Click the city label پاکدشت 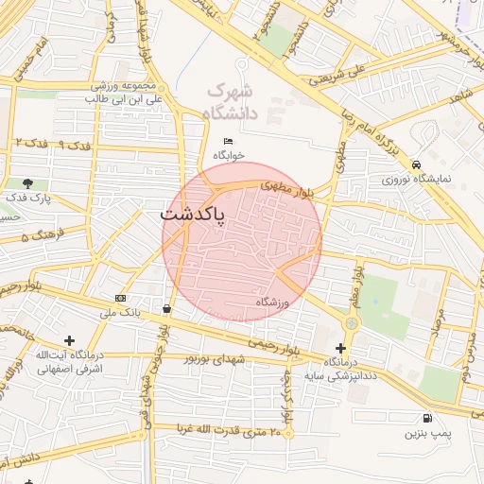point(193,216)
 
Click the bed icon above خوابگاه point(228,141)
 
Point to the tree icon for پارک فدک point(27,183)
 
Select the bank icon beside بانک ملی point(120,298)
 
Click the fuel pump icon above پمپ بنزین point(428,419)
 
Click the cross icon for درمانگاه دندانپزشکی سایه point(341,349)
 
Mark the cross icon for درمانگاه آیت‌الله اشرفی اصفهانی point(69,340)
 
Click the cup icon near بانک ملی point(167,308)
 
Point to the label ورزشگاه point(270,302)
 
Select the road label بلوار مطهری point(288,187)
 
